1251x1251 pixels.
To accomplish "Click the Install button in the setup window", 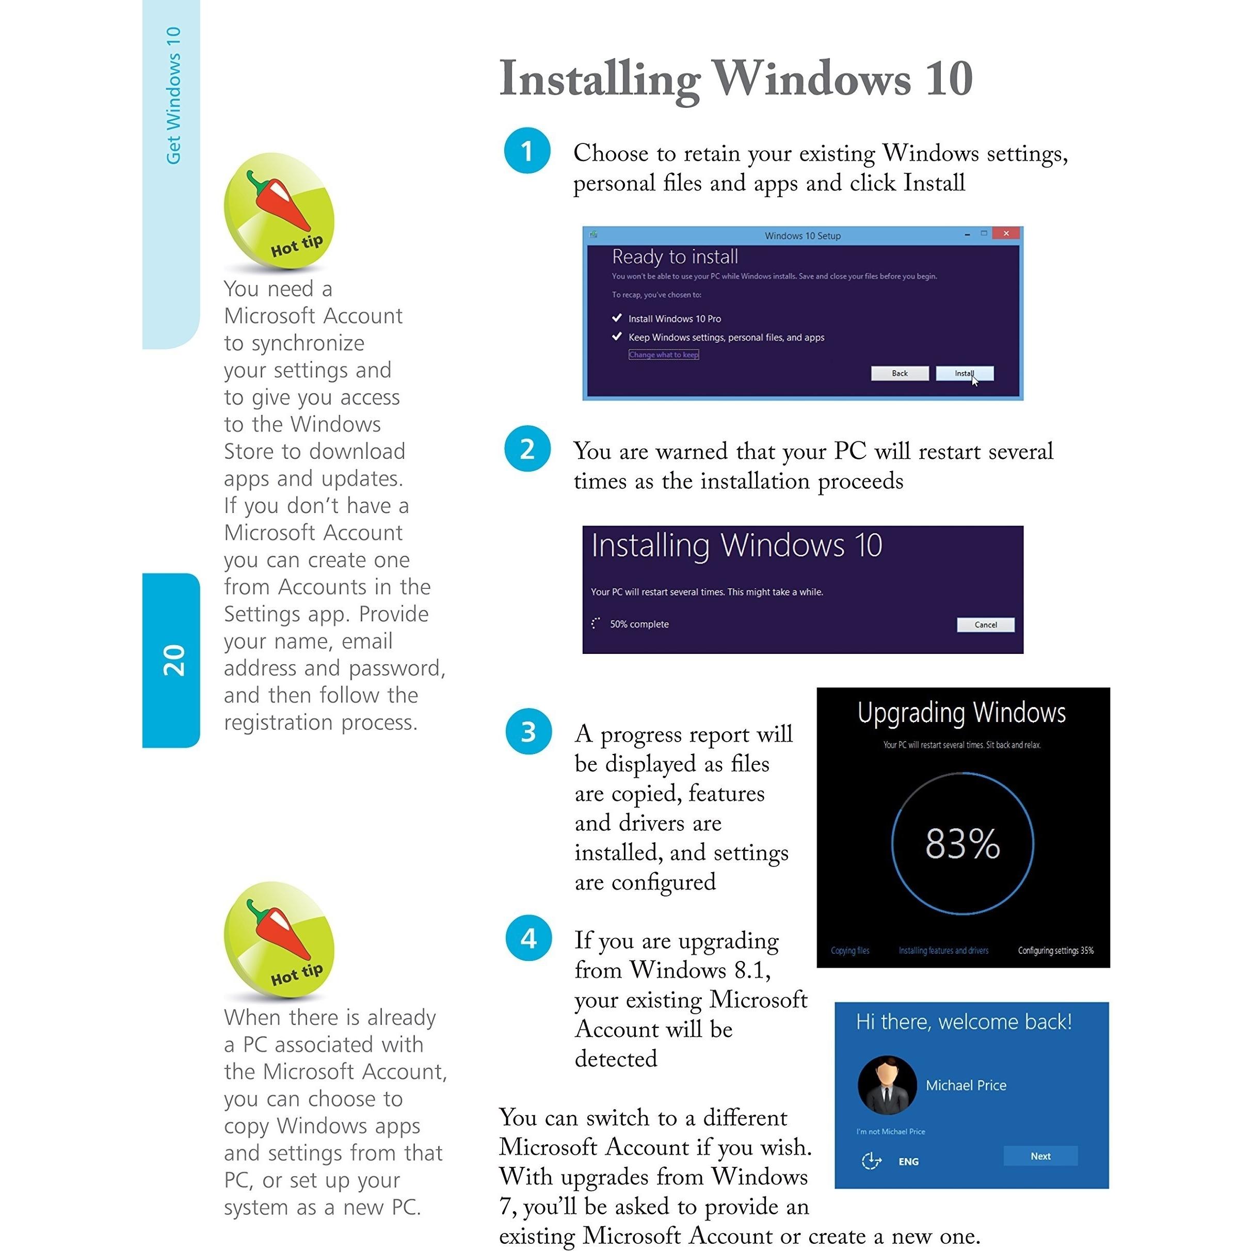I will click(964, 374).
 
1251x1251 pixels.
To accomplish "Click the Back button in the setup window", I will click(900, 374).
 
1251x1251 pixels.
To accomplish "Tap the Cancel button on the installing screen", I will click(985, 625).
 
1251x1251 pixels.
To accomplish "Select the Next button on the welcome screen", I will click(1040, 1156).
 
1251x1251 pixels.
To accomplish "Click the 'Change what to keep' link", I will click(663, 355).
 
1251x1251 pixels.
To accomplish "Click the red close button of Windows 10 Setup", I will click(1005, 233).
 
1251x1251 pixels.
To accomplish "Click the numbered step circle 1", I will click(527, 151).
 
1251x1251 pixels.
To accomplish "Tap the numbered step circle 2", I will click(527, 448).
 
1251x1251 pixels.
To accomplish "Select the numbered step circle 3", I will click(528, 732).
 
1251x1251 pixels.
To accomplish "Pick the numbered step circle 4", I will click(528, 938).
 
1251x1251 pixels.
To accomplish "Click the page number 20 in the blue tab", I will click(173, 661).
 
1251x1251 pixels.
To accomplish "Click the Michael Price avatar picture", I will click(887, 1085).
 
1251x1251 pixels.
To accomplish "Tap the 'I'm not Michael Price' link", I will click(890, 1131).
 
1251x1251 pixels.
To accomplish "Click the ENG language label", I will click(908, 1162).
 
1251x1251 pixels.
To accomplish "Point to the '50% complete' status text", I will click(638, 624).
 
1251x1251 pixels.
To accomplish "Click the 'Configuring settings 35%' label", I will click(1055, 951).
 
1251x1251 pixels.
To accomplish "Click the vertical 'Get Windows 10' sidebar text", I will click(173, 96).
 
